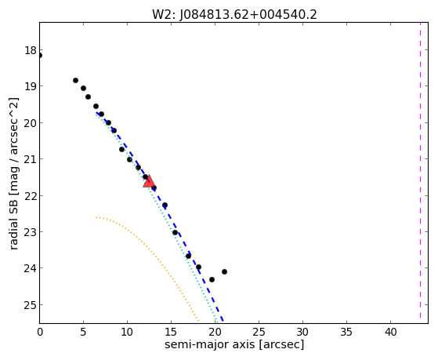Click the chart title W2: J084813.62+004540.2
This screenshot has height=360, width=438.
click(x=234, y=15)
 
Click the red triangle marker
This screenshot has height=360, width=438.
click(x=149, y=182)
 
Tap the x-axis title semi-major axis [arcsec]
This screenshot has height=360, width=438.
click(x=234, y=344)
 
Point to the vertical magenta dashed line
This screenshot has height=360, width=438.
click(x=420, y=170)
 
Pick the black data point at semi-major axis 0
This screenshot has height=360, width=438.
click(x=40, y=56)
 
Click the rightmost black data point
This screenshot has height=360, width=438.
click(x=224, y=271)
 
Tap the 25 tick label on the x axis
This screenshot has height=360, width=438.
click(x=259, y=332)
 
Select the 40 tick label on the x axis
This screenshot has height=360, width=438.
click(x=390, y=332)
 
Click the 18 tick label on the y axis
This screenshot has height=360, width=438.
click(x=31, y=51)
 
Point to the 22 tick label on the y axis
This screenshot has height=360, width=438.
click(x=31, y=195)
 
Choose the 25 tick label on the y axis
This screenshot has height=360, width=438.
click(x=31, y=304)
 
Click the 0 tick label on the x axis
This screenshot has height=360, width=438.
click(x=40, y=332)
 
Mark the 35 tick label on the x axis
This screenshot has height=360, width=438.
click(x=346, y=332)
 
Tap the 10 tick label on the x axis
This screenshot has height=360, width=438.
click(x=127, y=332)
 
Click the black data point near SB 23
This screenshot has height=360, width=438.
click(x=176, y=232)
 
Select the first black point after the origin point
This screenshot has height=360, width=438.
click(x=75, y=80)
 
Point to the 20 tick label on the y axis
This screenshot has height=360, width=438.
click(x=31, y=123)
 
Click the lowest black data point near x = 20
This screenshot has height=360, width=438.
click(x=212, y=279)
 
